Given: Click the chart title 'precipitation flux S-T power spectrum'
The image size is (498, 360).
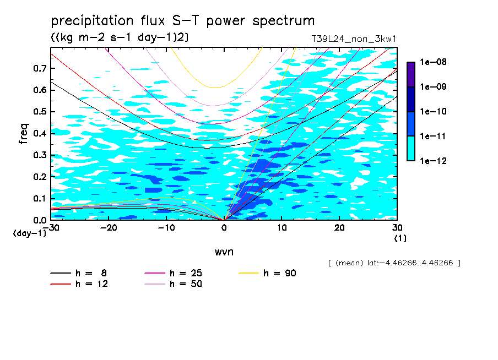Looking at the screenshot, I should (x=182, y=21).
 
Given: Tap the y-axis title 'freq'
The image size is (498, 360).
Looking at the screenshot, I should (x=24, y=134).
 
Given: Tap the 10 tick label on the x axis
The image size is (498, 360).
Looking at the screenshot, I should (x=282, y=228).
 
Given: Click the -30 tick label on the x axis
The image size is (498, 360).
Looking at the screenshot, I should (x=51, y=228).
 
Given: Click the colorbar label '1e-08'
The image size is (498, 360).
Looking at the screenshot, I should (x=431, y=62).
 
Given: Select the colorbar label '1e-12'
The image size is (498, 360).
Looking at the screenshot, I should (x=431, y=161).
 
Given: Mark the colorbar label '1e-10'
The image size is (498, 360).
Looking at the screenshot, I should (x=431, y=112).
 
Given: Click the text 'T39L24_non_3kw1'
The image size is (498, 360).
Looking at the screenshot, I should (x=354, y=39).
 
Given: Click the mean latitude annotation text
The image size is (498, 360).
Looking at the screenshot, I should (x=393, y=263).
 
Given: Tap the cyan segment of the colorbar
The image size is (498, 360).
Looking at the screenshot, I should (x=410, y=148).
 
